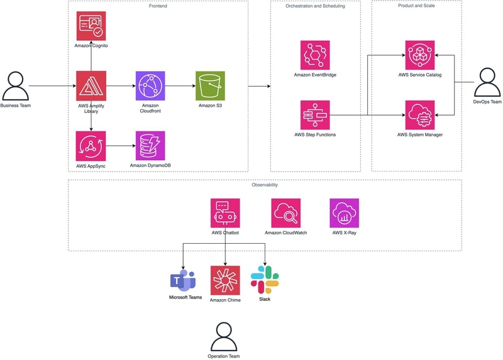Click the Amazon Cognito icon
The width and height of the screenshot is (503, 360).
pyautogui.click(x=91, y=26)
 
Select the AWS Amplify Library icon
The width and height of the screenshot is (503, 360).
pyautogui.click(x=91, y=86)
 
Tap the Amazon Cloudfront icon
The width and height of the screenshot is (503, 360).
pyautogui.click(x=150, y=86)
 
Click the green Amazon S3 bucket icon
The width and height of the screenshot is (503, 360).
pyautogui.click(x=210, y=86)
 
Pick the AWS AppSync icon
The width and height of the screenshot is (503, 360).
pyautogui.click(x=91, y=146)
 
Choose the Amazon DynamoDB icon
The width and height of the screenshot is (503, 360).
pyautogui.click(x=150, y=146)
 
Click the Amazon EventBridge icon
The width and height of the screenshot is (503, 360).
pyautogui.click(x=315, y=55)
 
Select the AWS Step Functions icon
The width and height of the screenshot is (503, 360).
pyautogui.click(x=315, y=115)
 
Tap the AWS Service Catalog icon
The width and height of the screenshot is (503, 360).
pyautogui.click(x=420, y=55)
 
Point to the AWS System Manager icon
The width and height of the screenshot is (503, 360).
pyautogui.click(x=420, y=115)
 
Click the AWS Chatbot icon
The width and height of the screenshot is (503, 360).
pyautogui.click(x=225, y=213)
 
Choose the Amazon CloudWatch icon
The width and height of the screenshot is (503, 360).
pyautogui.click(x=286, y=213)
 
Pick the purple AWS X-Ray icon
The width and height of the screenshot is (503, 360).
pyautogui.click(x=344, y=213)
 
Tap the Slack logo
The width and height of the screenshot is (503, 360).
pyautogui.click(x=265, y=280)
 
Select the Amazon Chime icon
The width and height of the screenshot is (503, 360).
pyautogui.click(x=225, y=280)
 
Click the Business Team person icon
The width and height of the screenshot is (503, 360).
pyautogui.click(x=15, y=86)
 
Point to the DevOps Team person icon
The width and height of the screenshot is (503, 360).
pyautogui.click(x=487, y=82)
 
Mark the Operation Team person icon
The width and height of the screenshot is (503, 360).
pyautogui.click(x=224, y=337)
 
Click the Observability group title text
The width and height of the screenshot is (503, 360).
pyautogui.click(x=265, y=185)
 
